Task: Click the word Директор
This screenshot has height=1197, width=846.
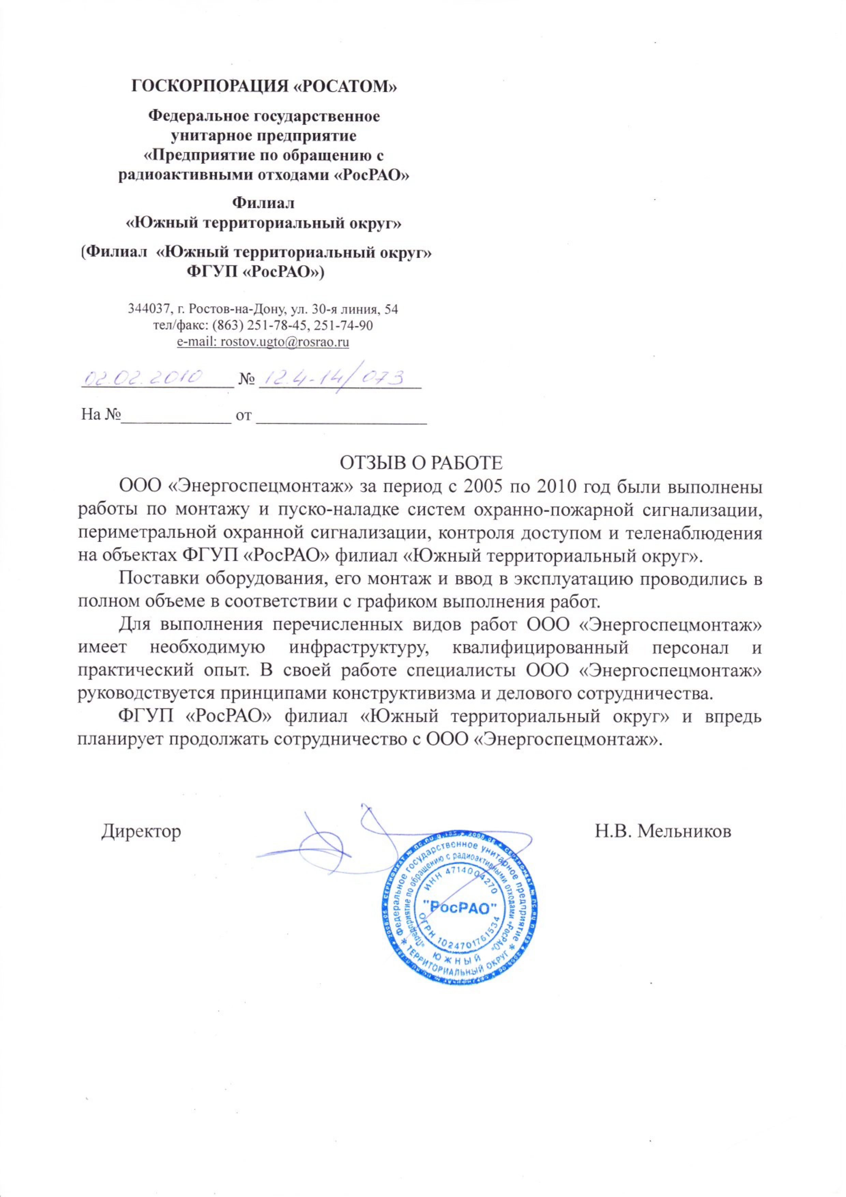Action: (141, 830)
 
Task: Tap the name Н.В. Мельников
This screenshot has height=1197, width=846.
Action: (663, 830)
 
